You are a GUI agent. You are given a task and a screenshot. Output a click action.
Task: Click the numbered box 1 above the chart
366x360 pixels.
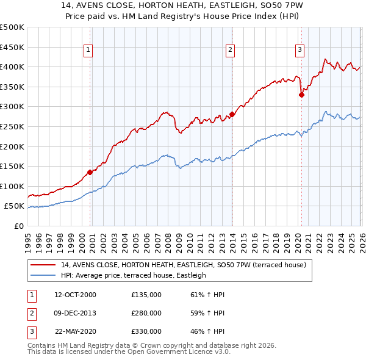89,51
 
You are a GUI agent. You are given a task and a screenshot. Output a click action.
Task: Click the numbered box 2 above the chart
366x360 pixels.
231,51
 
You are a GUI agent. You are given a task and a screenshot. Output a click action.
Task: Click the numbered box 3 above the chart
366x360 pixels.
300,51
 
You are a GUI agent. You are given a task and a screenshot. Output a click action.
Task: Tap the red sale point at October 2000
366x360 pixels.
90,172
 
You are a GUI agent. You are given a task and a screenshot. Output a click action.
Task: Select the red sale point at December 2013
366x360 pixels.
232,114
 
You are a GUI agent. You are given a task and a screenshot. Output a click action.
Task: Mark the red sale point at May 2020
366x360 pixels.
301,95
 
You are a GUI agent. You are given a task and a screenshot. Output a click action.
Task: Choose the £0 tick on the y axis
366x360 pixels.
18,226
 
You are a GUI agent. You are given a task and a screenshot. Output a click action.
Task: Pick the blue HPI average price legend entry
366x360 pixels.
134,275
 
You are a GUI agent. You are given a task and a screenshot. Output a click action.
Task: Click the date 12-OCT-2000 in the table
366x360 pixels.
75,295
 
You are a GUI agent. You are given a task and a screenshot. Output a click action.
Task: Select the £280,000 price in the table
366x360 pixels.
146,313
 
